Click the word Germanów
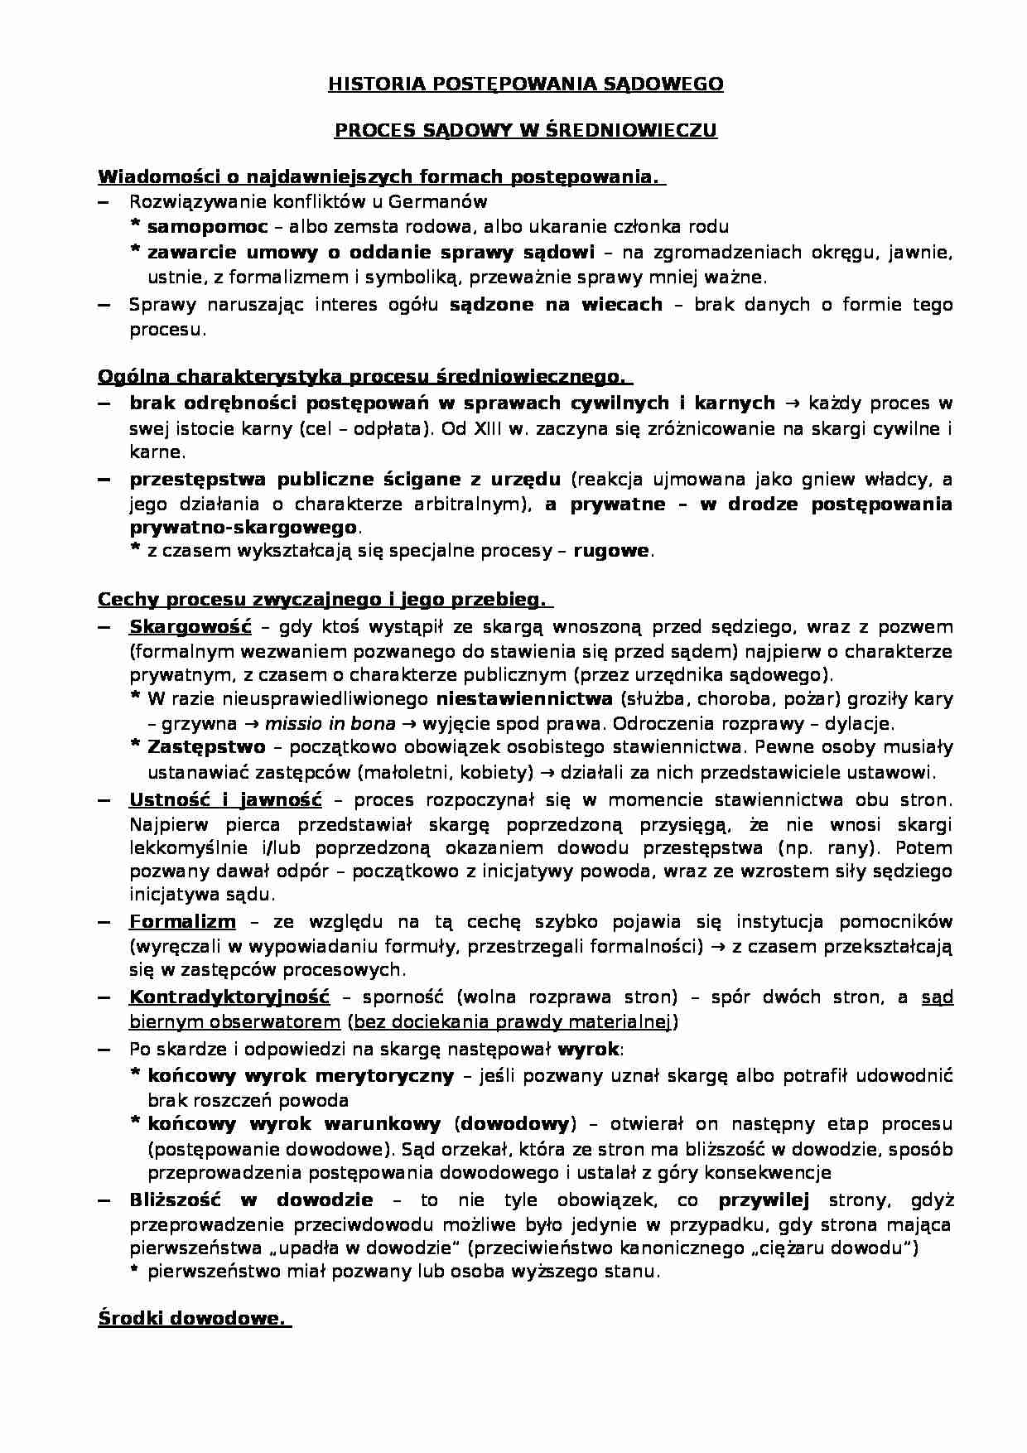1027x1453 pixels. pyautogui.click(x=448, y=201)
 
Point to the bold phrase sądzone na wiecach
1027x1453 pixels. pyautogui.click(x=556, y=304)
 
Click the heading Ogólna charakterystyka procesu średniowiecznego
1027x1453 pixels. pyautogui.click(x=364, y=377)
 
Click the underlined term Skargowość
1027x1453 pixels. pyautogui.click(x=190, y=626)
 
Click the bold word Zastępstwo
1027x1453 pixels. pyautogui.click(x=206, y=746)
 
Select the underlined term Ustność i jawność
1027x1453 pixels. pyautogui.click(x=224, y=800)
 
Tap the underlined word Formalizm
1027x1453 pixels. pyautogui.click(x=182, y=921)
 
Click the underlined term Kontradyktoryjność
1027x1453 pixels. pyautogui.click(x=229, y=997)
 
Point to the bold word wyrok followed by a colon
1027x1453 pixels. pyautogui.click(x=587, y=1050)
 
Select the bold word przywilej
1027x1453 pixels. pyautogui.click(x=762, y=1200)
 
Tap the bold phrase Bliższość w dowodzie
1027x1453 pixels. pyautogui.click(x=251, y=1200)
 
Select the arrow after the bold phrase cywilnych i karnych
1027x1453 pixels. pyautogui.click(x=790, y=403)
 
